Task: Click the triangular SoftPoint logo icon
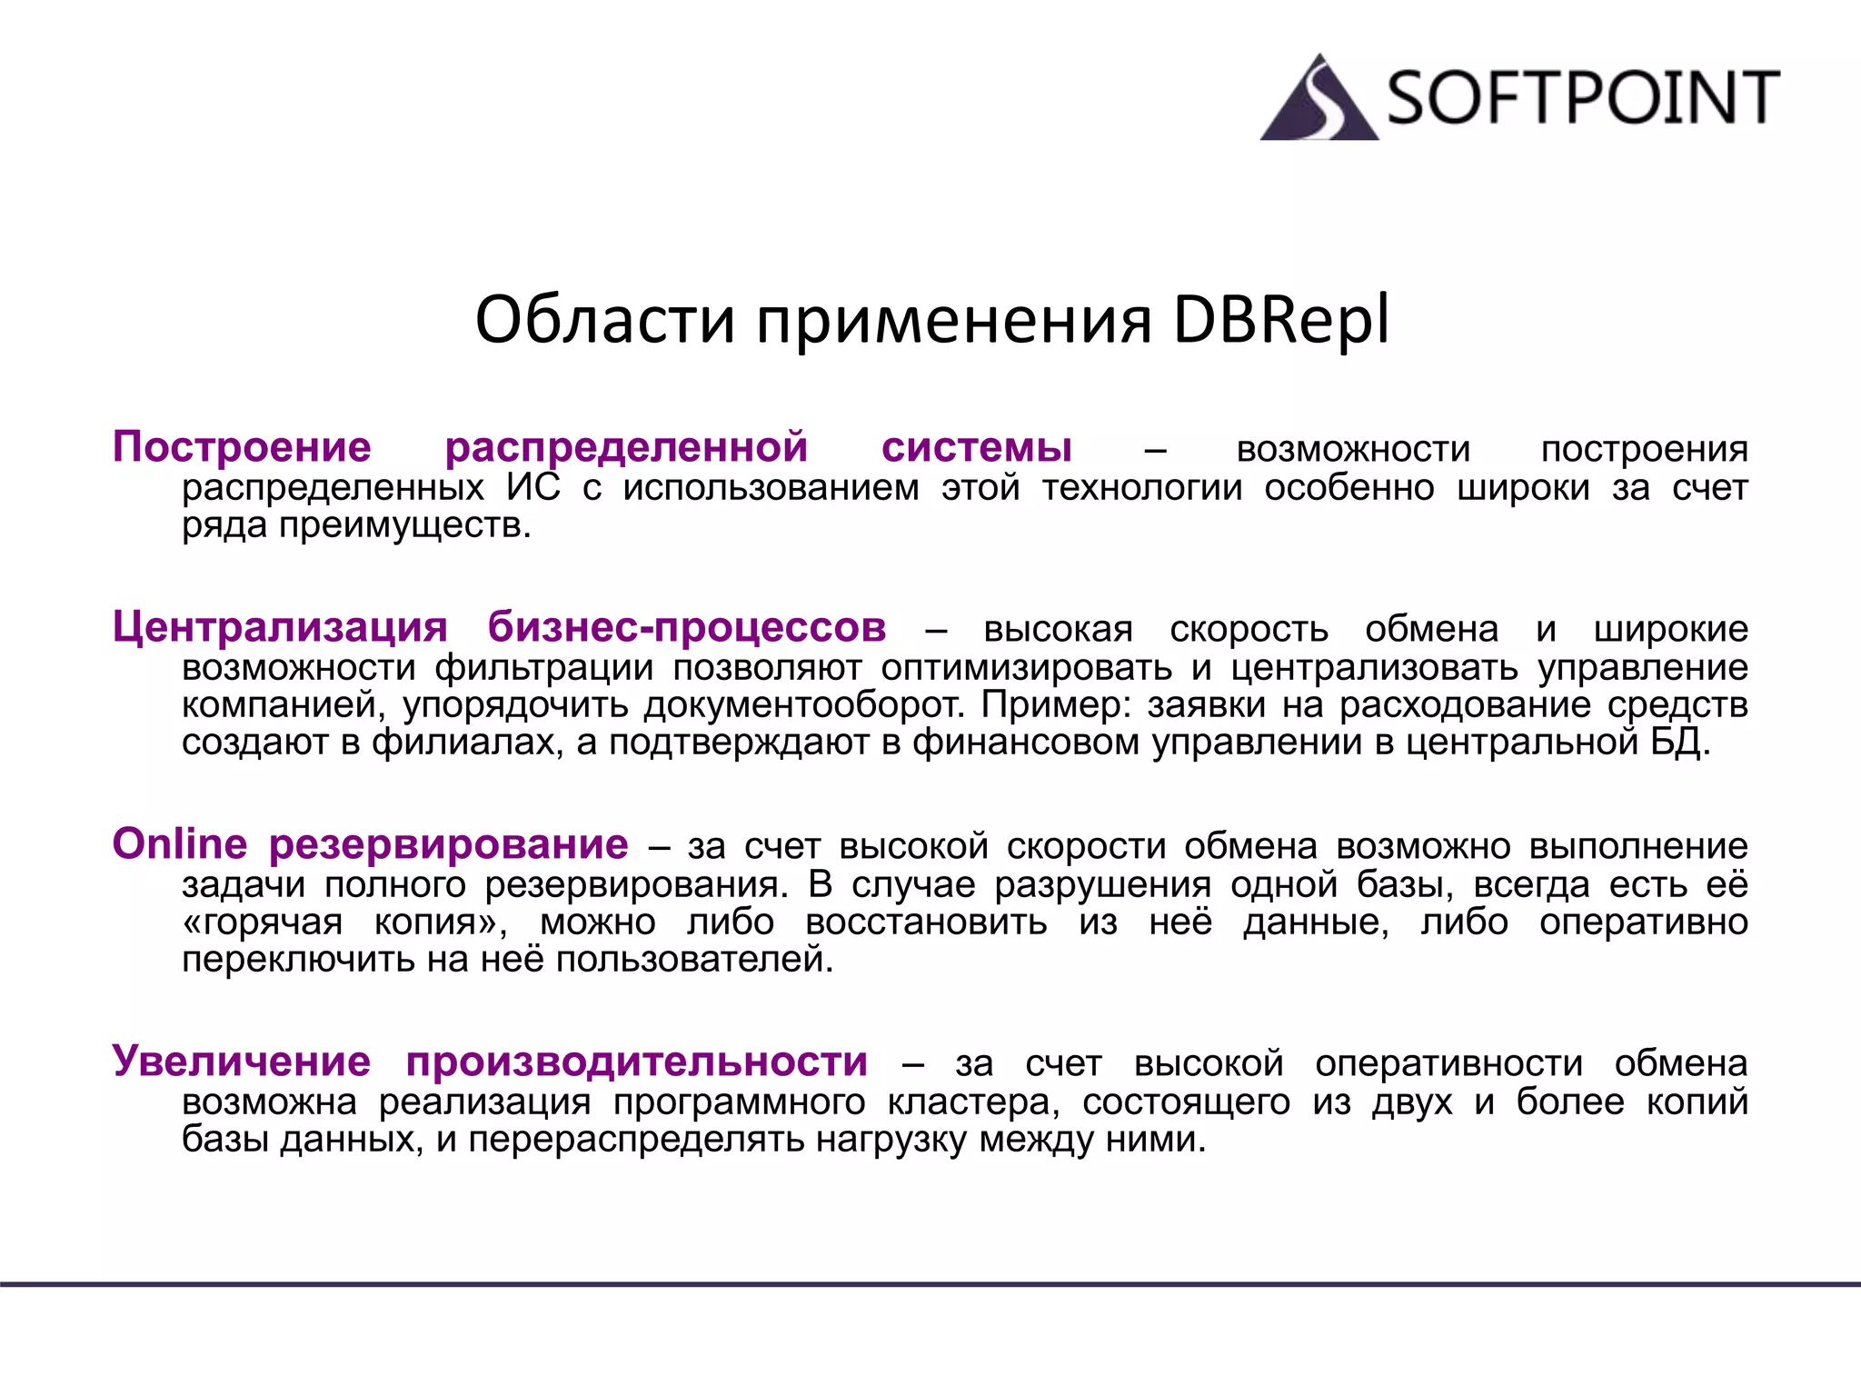click(1319, 100)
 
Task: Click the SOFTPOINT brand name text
click(1582, 97)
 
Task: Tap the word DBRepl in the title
click(1280, 320)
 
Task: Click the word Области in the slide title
click(604, 320)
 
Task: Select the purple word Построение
click(242, 447)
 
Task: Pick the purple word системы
click(977, 447)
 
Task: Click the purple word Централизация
click(280, 627)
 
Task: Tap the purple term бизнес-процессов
click(687, 627)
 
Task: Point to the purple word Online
click(180, 843)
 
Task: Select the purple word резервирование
click(449, 845)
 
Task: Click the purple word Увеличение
click(242, 1061)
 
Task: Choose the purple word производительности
click(637, 1062)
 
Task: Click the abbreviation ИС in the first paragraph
click(533, 487)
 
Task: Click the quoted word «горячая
click(263, 922)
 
